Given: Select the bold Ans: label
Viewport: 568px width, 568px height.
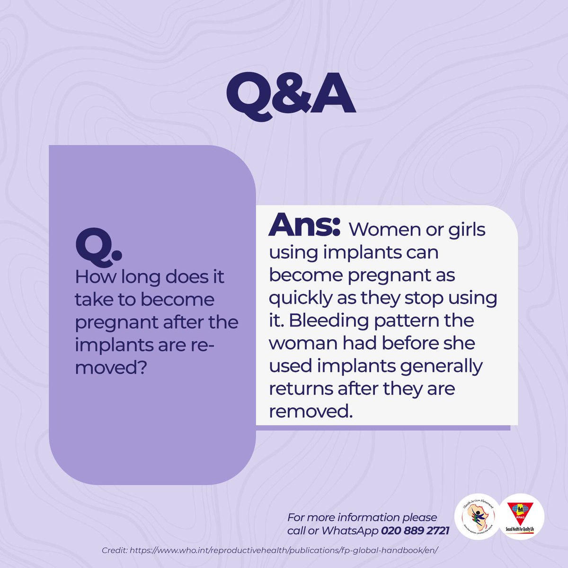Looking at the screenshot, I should [304, 225].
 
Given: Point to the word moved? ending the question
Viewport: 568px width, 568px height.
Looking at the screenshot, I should [109, 368].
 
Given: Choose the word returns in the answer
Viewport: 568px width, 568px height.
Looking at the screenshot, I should [301, 389].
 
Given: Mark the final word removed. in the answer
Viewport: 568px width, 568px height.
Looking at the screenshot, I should [311, 411].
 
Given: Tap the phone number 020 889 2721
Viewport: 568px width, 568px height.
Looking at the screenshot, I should [415, 531].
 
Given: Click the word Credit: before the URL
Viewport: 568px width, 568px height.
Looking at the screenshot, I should [114, 551].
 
